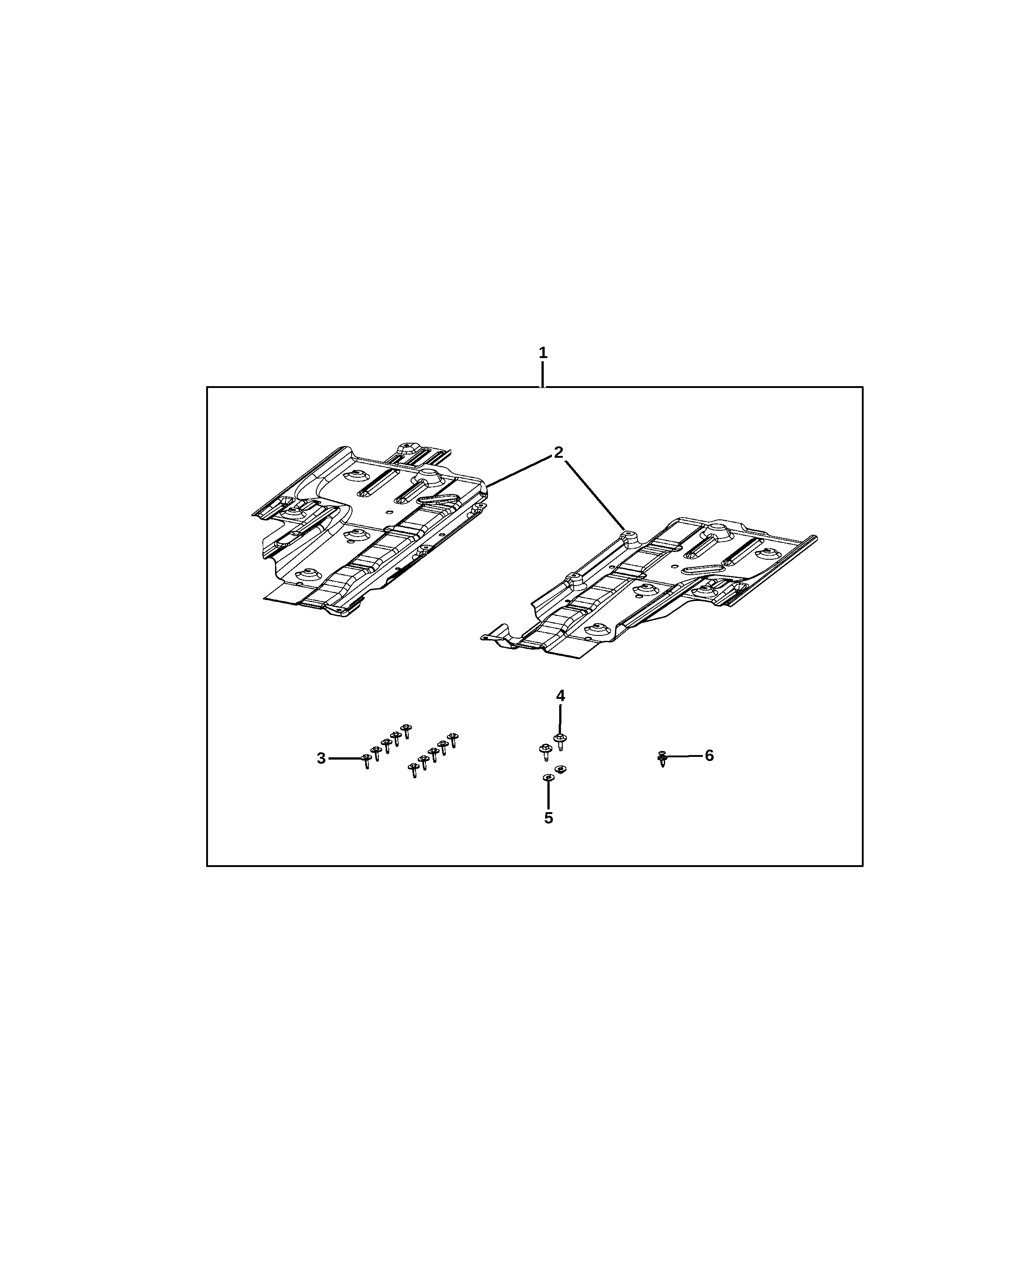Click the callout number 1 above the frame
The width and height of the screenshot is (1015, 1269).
pos(542,353)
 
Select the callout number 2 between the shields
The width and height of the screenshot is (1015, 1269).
pos(558,453)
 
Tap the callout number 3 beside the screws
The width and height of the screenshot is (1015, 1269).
pos(321,759)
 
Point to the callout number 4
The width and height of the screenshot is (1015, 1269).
pos(560,696)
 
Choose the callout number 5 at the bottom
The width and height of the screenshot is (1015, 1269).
pos(548,818)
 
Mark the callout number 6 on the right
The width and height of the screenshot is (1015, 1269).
pos(709,755)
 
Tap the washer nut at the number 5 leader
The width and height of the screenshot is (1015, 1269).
pos(548,778)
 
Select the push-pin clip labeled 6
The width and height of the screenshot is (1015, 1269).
pos(662,759)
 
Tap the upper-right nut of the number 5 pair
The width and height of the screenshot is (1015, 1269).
pos(560,769)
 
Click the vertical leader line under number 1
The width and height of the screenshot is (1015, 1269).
pos(542,374)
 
